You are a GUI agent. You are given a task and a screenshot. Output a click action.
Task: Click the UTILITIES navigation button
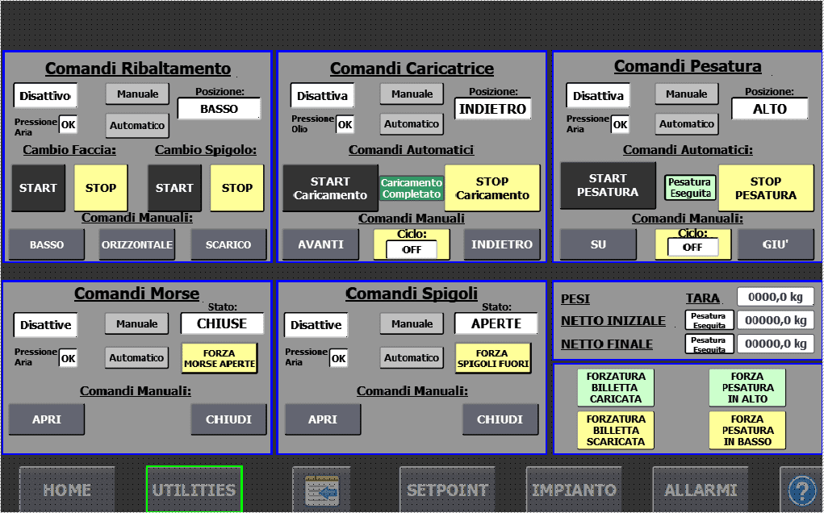click(x=194, y=489)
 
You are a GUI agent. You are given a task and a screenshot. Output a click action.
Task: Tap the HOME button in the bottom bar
click(x=67, y=489)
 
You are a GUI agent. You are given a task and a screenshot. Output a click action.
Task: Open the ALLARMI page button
click(x=701, y=489)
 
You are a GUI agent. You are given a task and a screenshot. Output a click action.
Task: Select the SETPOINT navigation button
click(x=447, y=489)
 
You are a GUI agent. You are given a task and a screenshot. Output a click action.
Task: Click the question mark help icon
click(x=802, y=489)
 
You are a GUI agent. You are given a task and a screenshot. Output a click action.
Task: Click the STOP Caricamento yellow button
click(x=491, y=188)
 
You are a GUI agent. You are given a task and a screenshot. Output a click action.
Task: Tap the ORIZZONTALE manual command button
click(x=137, y=244)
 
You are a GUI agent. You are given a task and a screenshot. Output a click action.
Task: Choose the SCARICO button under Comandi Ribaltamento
click(x=228, y=244)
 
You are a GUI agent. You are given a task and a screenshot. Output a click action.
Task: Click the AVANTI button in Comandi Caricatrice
click(x=320, y=244)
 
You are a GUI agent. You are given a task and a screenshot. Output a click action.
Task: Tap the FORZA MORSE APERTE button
click(x=220, y=358)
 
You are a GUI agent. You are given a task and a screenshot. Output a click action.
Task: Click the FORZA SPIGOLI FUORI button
click(x=492, y=358)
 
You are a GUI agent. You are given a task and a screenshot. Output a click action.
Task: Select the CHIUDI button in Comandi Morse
click(x=228, y=419)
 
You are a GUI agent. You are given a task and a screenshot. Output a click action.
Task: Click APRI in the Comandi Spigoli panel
click(x=322, y=419)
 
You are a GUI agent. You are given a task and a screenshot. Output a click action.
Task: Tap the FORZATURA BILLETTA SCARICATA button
click(x=616, y=430)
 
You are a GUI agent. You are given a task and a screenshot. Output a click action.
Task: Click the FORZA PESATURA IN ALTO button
click(x=747, y=387)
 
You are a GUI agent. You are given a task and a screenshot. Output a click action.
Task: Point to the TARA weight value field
click(x=775, y=297)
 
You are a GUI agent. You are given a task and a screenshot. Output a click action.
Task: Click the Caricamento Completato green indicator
click(x=412, y=189)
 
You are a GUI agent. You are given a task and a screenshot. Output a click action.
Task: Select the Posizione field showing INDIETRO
click(x=492, y=109)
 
